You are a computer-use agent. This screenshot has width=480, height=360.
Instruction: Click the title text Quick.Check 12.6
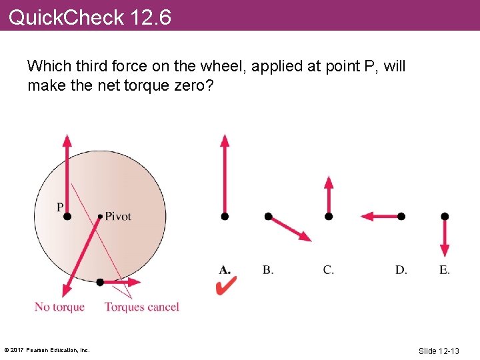pos(90,17)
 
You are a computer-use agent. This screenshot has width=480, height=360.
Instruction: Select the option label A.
pos(225,269)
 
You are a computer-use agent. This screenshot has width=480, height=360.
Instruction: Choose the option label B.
pos(267,269)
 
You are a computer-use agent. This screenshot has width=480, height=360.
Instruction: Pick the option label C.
pos(328,269)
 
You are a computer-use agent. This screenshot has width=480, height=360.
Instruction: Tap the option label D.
pos(401,269)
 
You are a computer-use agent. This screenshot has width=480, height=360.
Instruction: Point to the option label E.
pos(445,269)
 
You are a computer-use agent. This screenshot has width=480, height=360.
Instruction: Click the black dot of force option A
pos(225,216)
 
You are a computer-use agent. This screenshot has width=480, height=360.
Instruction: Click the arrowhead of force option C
pos(328,181)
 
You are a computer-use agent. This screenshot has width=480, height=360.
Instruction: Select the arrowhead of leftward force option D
pos(367,216)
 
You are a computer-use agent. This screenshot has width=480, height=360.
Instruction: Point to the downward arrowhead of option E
pos(445,251)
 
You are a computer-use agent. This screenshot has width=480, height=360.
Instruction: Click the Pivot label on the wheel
pos(118,216)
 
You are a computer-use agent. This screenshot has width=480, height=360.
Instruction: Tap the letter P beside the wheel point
pos(60,207)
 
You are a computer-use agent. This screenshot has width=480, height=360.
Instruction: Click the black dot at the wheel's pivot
pos(100,216)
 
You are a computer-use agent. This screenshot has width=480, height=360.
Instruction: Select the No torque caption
pos(59,307)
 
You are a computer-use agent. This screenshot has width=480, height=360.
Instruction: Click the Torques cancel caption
pos(141,307)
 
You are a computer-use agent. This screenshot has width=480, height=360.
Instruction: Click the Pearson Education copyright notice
pos(47,350)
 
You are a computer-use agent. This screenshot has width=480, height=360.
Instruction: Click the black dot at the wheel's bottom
pos(100,282)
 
